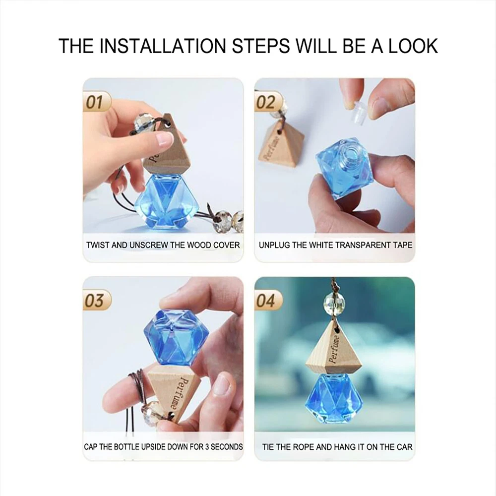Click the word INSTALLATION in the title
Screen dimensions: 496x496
(163, 46)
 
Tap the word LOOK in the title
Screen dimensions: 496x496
(413, 46)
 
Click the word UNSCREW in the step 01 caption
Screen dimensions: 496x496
(149, 245)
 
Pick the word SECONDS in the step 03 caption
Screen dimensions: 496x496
(227, 447)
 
